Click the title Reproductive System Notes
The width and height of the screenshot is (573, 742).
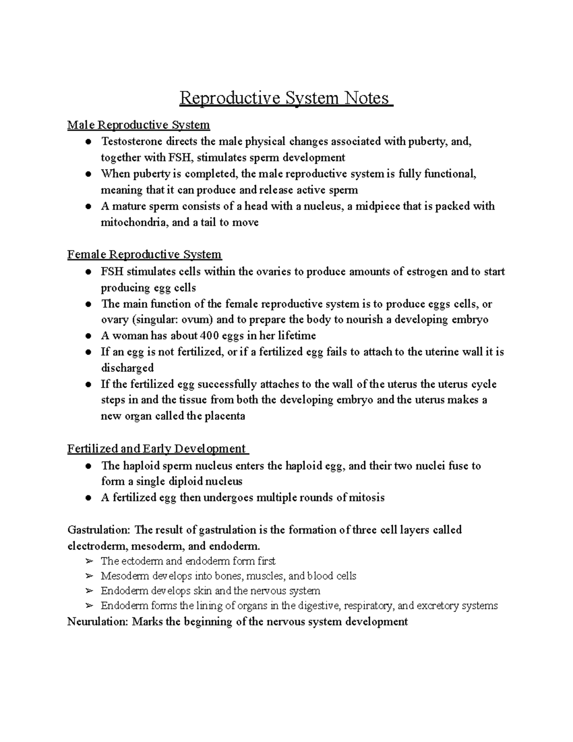286,98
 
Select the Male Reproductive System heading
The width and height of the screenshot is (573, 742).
138,125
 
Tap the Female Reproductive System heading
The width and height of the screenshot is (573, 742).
144,254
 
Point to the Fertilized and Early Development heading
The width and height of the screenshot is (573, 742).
157,449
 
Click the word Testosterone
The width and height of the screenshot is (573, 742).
128,141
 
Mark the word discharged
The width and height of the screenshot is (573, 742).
127,368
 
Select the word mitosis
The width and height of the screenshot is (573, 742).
367,497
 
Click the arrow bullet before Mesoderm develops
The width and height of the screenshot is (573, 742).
89,576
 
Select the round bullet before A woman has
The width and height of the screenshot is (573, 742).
88,336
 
